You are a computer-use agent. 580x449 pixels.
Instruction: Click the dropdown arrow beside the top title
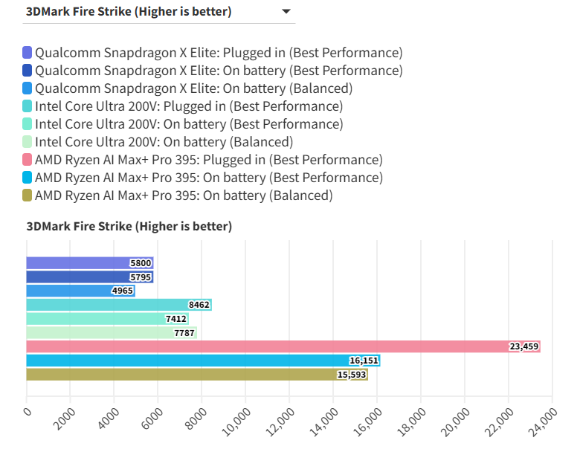286,12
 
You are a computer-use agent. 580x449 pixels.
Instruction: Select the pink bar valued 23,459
283,346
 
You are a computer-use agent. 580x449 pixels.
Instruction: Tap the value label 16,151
364,361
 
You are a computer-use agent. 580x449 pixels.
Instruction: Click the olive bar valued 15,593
197,374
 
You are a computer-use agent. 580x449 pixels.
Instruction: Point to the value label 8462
199,305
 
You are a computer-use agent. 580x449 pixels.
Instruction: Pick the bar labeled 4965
80,291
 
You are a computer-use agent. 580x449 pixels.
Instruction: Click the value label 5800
141,263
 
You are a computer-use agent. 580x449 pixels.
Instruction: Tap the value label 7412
176,319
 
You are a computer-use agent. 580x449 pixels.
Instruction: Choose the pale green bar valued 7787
112,332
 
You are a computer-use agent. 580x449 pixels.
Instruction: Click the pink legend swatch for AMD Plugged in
28,160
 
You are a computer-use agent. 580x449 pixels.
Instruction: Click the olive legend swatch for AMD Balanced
28,196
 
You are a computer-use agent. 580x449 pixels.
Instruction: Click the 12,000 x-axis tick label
278,425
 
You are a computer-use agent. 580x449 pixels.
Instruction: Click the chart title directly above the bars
129,227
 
